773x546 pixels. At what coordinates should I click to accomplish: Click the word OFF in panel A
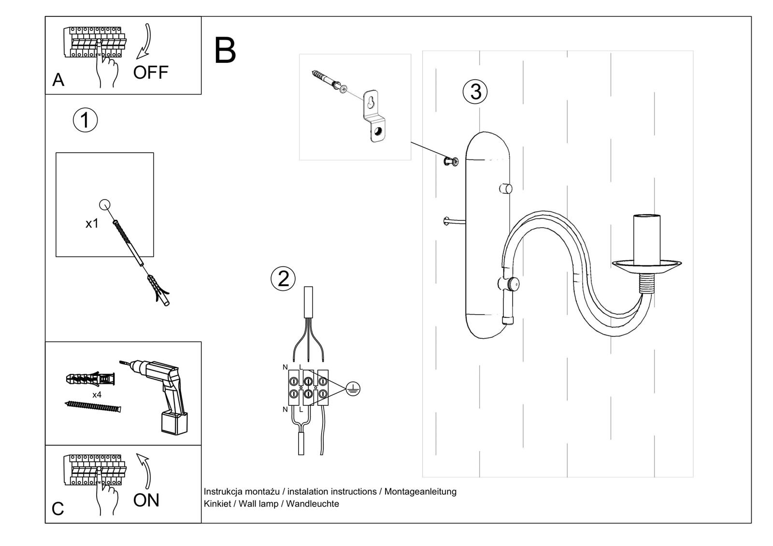(x=151, y=72)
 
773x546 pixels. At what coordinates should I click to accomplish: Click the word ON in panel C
(x=146, y=501)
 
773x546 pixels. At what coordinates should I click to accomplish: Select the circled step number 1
(x=85, y=120)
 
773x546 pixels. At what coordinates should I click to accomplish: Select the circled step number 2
(x=283, y=279)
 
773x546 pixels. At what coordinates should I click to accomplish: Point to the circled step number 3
(x=475, y=91)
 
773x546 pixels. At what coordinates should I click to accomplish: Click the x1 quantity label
(x=92, y=223)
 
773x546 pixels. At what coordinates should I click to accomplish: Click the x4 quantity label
(x=97, y=395)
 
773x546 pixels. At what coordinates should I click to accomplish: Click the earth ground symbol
(x=353, y=389)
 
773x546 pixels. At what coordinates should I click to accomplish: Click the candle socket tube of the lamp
(x=646, y=239)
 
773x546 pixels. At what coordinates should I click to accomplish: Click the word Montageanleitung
(x=420, y=491)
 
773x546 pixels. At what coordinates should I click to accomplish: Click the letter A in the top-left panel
(x=58, y=80)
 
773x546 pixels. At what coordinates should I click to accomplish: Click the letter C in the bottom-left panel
(x=57, y=509)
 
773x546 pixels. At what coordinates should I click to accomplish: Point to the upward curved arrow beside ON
(x=144, y=471)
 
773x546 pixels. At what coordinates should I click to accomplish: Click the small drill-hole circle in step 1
(x=104, y=205)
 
